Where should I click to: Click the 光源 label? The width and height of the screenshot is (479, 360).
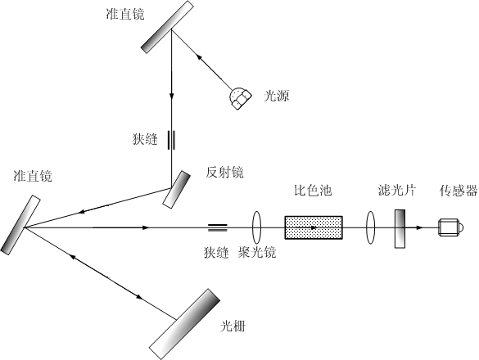click(x=277, y=96)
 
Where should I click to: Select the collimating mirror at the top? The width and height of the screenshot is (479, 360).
click(x=167, y=27)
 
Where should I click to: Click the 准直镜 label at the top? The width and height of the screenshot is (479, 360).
click(x=125, y=14)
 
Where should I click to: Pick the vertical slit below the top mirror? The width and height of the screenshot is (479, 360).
click(x=171, y=140)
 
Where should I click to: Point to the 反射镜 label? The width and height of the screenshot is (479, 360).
click(x=224, y=173)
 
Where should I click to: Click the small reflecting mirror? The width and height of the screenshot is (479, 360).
click(x=176, y=190)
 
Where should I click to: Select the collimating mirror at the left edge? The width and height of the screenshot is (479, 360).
click(x=20, y=225)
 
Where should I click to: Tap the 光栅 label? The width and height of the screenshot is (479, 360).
click(x=233, y=326)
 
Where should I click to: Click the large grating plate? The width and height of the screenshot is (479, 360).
click(x=184, y=324)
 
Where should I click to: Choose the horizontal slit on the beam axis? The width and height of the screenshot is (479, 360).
click(x=218, y=227)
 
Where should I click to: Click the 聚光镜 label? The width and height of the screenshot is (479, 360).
click(x=257, y=253)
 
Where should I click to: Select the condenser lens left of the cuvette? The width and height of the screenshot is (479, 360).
click(x=256, y=227)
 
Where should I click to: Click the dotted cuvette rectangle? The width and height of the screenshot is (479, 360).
click(x=314, y=227)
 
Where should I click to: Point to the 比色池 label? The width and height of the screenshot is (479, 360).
click(x=313, y=191)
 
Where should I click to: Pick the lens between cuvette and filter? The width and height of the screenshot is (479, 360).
click(x=370, y=227)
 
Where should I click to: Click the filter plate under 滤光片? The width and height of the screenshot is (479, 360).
click(x=400, y=229)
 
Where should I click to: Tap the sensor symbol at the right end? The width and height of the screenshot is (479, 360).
click(x=450, y=227)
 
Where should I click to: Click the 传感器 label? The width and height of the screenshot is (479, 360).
click(x=459, y=191)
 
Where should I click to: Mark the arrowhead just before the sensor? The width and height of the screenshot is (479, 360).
click(x=420, y=227)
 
